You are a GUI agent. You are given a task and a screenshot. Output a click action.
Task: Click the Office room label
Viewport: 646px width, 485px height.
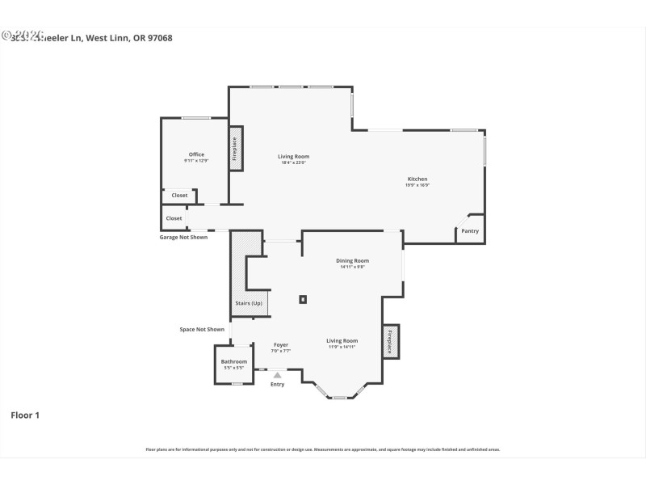(196, 154)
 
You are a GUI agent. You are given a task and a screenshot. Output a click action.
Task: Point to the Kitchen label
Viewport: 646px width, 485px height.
(417, 179)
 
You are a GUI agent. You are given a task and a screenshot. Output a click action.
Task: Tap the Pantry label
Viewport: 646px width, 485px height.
(470, 231)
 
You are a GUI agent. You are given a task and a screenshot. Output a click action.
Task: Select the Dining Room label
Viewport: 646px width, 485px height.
(352, 260)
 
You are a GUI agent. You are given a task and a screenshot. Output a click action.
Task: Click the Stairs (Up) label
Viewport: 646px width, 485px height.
(249, 303)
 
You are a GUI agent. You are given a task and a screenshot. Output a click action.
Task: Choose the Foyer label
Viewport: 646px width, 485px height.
(280, 345)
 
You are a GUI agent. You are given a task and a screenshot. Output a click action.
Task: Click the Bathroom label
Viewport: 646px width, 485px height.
(234, 361)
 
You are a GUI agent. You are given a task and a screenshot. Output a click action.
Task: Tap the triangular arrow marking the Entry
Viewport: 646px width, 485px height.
(278, 375)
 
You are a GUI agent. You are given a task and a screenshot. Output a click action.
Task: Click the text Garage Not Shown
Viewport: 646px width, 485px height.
(182, 238)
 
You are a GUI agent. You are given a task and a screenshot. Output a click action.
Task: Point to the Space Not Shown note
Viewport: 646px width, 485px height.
(202, 329)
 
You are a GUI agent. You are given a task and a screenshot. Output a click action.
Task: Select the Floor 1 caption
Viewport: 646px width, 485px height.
(24, 415)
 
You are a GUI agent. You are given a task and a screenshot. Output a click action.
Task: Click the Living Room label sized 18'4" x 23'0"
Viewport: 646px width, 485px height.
(293, 157)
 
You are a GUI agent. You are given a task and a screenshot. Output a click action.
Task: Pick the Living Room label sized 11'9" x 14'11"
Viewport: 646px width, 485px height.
(342, 341)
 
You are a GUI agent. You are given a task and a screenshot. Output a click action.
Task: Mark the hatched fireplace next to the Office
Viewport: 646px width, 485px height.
(235, 149)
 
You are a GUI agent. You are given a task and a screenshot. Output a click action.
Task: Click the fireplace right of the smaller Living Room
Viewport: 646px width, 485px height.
(389, 341)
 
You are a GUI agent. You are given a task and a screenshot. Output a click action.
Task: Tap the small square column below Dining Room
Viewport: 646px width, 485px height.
(303, 299)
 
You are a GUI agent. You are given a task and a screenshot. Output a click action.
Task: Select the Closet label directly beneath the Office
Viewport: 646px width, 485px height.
(179, 196)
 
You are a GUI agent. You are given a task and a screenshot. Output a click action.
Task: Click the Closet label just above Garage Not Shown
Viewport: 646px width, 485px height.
(174, 218)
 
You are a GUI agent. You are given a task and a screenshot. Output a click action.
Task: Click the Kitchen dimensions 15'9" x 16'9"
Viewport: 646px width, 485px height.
(417, 186)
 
